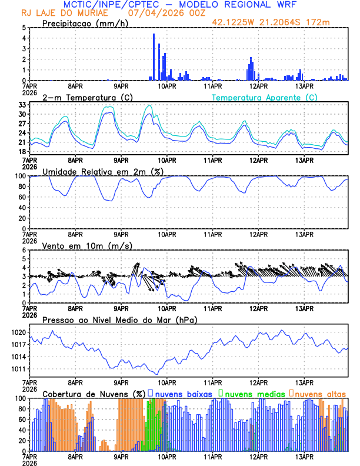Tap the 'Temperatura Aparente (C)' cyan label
pyautogui.click(x=264, y=97)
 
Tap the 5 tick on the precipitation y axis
pyautogui.click(x=23, y=28)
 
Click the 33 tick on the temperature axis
pyautogui.click(x=22, y=105)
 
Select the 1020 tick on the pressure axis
pyautogui.click(x=18, y=333)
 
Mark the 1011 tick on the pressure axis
pyautogui.click(x=18, y=370)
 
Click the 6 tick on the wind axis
pyautogui.click(x=23, y=251)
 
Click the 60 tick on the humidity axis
pyautogui.click(x=21, y=197)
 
